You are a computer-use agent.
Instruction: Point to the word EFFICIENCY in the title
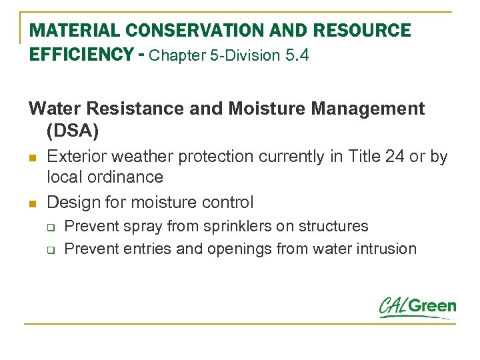tap(79, 55)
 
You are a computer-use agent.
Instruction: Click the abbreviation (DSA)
tap(73, 131)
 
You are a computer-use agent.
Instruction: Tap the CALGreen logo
tap(417, 307)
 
